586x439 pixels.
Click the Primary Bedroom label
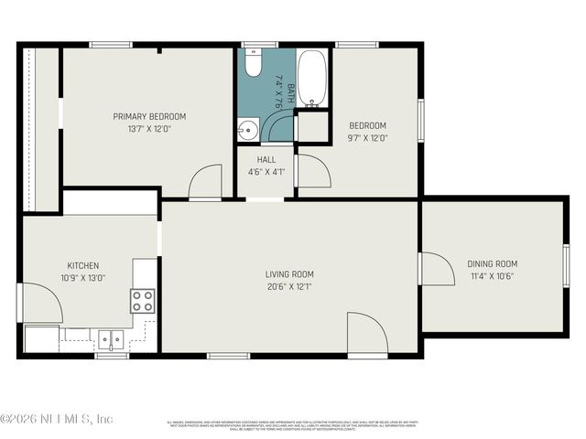point(149,116)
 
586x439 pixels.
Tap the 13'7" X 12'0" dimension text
point(149,129)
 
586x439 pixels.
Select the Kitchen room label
point(82,265)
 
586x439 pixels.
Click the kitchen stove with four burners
point(142,301)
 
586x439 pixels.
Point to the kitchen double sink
point(111,339)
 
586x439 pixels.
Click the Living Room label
point(289,273)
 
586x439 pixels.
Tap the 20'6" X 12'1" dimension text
point(289,286)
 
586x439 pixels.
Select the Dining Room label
point(493,263)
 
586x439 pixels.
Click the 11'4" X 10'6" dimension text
point(493,276)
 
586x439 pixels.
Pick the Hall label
point(266,159)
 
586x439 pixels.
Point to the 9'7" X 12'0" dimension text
point(367,138)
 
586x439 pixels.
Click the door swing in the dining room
point(436,269)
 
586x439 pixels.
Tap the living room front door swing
point(366,333)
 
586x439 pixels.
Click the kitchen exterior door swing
point(42,303)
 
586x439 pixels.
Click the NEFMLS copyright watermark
point(57,419)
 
